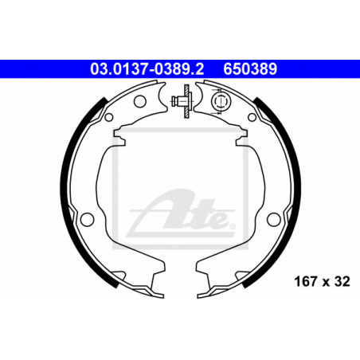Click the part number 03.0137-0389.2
click(x=147, y=68)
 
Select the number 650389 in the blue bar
click(x=250, y=68)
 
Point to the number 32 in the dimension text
click(x=342, y=281)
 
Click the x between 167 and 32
click(x=326, y=283)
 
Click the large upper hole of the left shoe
click(x=140, y=101)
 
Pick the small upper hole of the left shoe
click(x=109, y=117)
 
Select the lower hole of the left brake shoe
click(x=87, y=219)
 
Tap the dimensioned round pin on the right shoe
click(x=221, y=101)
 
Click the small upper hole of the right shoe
click(x=252, y=117)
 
